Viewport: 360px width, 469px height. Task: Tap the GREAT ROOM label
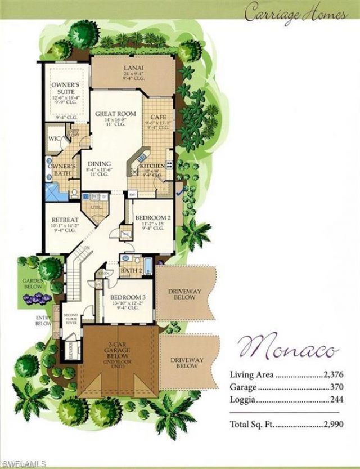click(115, 114)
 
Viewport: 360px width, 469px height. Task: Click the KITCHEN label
click(152, 166)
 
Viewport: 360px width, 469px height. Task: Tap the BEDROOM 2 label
click(152, 217)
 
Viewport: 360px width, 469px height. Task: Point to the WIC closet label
click(54, 139)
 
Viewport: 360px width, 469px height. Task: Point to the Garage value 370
click(336, 387)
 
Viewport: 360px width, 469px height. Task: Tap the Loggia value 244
click(336, 400)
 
